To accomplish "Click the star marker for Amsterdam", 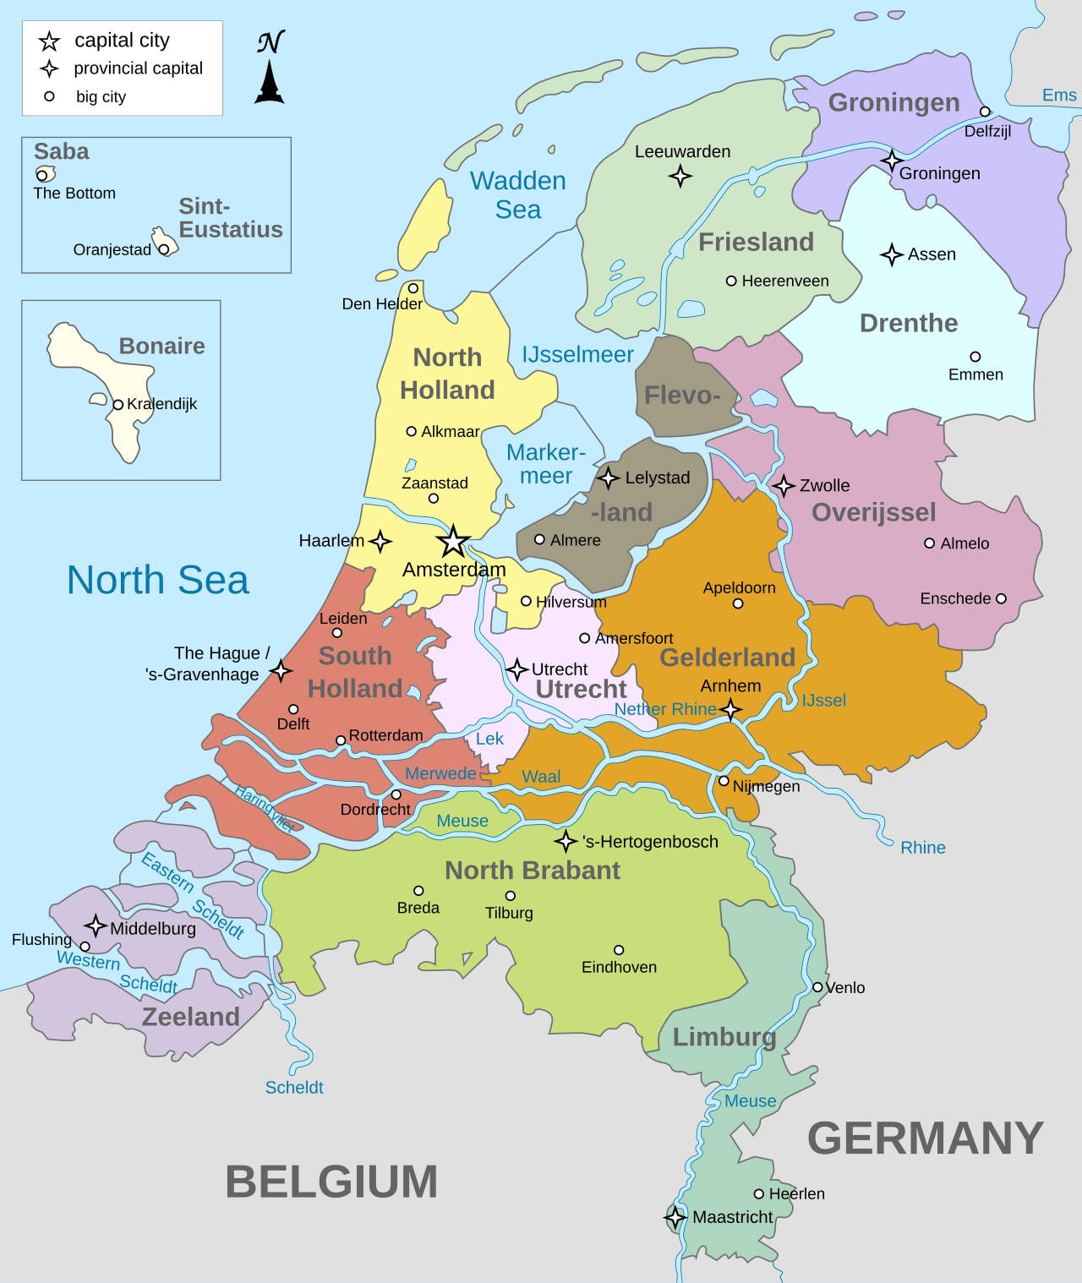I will (x=453, y=542).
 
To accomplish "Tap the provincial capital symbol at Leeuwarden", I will (x=680, y=176).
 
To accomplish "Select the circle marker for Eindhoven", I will (x=619, y=950).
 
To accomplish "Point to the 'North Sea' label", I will (x=158, y=580).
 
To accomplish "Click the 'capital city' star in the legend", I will (x=50, y=41).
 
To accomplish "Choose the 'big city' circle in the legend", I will (x=50, y=96).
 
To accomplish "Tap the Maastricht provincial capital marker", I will (x=675, y=1217).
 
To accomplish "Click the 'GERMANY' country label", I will (x=926, y=1138).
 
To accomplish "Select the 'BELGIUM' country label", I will (x=331, y=1182).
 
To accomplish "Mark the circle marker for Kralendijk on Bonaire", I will (x=118, y=404).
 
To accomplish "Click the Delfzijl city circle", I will (x=985, y=112).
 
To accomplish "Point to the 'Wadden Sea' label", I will (x=518, y=195).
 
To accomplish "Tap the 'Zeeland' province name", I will (x=191, y=1017).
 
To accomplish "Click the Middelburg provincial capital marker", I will (x=96, y=925).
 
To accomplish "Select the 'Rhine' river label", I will (x=922, y=848).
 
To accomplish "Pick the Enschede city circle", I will (x=1001, y=598).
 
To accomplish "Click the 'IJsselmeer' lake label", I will (x=577, y=355).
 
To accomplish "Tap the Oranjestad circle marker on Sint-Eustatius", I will (x=163, y=249).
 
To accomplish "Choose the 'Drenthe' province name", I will (x=909, y=323).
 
